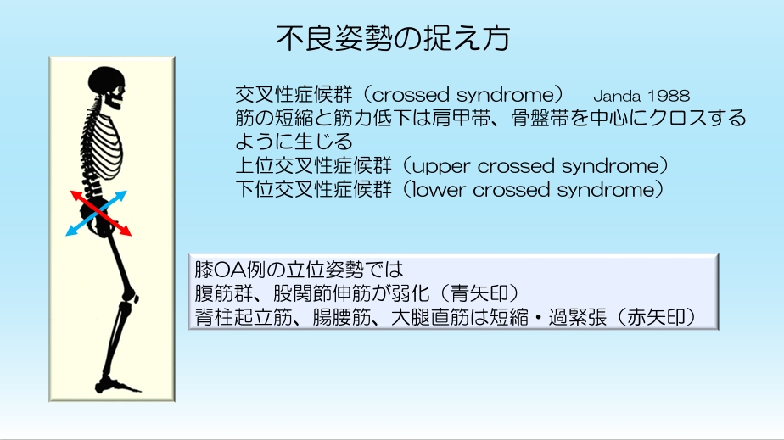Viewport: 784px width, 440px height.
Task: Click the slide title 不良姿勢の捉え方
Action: [x=393, y=38]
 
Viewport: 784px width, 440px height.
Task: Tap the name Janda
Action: [x=618, y=96]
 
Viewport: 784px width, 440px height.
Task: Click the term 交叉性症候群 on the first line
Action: [x=294, y=94]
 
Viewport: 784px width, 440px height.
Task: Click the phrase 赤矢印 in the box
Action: [x=656, y=317]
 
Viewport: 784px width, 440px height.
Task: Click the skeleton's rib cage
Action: [x=106, y=145]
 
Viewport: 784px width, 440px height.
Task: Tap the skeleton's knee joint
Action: [x=131, y=295]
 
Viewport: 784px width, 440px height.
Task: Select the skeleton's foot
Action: [x=116, y=385]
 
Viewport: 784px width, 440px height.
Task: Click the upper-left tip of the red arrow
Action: [x=70, y=192]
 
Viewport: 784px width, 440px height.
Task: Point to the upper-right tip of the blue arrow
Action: [x=126, y=192]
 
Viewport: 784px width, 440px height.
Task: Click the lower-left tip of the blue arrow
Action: [x=66, y=235]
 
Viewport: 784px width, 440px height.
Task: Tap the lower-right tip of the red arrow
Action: [x=131, y=235]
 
